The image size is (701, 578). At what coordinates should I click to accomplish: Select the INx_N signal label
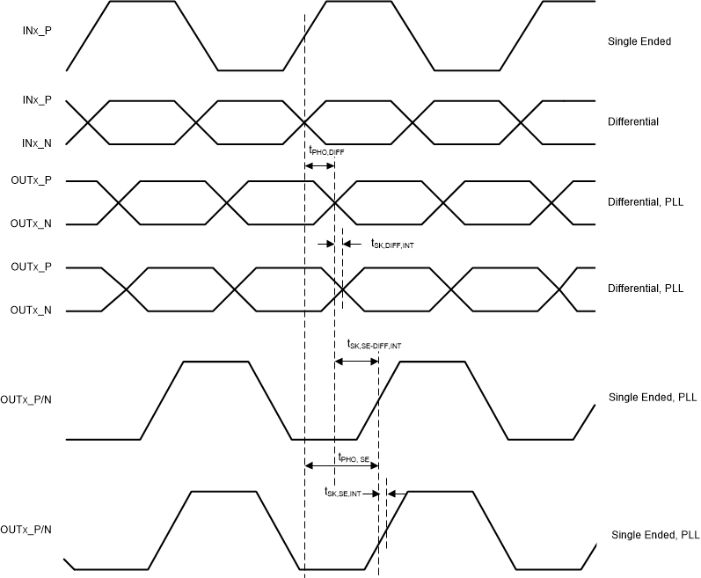point(38,142)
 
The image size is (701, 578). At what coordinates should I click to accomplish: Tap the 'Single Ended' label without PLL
point(639,41)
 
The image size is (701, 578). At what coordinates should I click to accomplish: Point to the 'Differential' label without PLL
point(633,121)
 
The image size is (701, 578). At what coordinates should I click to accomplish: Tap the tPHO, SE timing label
point(359,457)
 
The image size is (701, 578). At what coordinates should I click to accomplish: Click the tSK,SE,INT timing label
point(343,493)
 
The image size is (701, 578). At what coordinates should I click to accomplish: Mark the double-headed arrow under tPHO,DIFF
point(319,165)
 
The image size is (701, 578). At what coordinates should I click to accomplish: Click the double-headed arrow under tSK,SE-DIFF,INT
point(356,360)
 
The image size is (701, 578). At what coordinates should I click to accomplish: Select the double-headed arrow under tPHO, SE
point(341,465)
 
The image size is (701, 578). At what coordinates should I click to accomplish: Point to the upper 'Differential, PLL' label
point(645,202)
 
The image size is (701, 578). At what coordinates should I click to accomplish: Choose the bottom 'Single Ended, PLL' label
point(655,535)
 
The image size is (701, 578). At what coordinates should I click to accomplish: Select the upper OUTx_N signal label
point(31,224)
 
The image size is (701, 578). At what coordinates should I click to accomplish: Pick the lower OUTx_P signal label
point(31,267)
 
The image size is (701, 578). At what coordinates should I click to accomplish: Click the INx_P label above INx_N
point(38,100)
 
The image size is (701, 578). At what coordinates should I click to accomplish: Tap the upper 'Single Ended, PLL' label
point(653,398)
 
